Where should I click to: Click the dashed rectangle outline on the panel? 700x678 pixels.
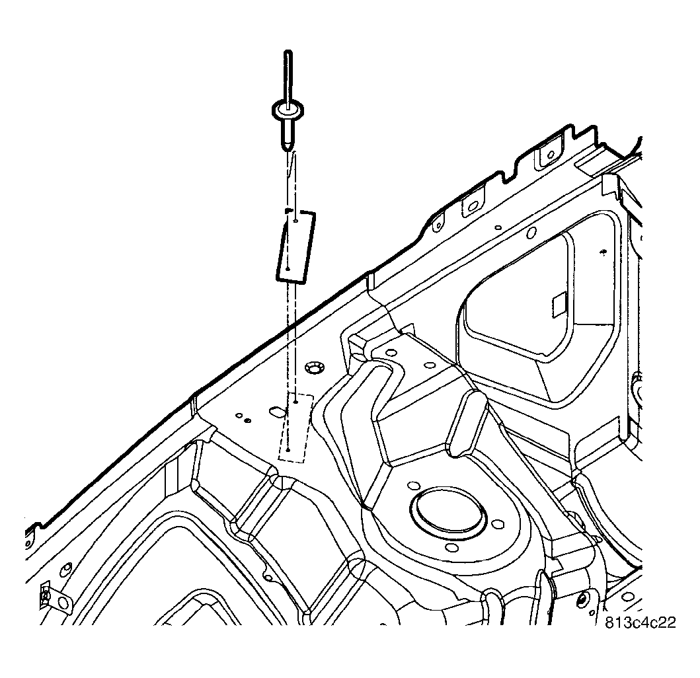295,427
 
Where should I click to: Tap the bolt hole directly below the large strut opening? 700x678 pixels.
455,546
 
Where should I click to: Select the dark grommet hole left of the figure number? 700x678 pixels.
581,599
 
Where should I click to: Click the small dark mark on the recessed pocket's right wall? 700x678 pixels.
603,252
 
